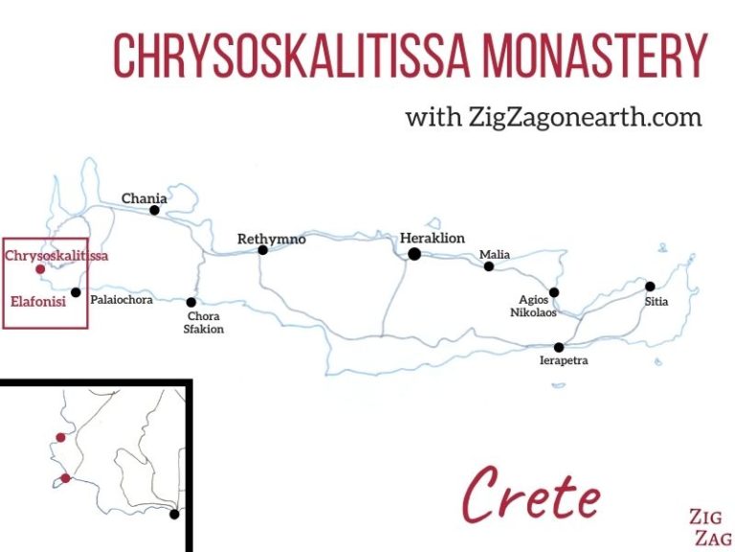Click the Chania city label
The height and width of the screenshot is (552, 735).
point(144,198)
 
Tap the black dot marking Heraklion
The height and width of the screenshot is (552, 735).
point(414,254)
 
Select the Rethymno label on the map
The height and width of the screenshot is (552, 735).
point(272,239)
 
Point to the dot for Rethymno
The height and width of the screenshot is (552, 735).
point(262,250)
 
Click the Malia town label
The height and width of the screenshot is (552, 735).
point(495,254)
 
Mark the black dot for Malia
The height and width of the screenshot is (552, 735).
point(489,266)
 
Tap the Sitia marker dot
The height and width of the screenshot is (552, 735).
point(650,286)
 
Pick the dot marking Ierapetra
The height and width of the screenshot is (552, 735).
point(559,347)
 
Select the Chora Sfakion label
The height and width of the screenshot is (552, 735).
point(203,323)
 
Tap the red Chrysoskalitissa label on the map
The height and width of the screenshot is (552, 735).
point(56,256)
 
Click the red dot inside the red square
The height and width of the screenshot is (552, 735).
point(40,269)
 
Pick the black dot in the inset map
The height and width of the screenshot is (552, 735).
point(174,514)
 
